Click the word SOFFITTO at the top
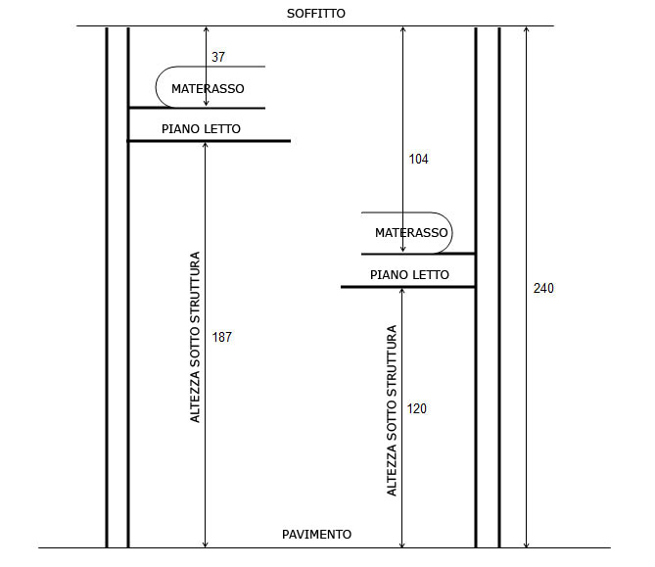[316, 14]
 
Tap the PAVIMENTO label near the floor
[316, 534]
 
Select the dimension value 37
[218, 57]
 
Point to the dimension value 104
[419, 159]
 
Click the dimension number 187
[222, 337]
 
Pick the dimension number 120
[417, 408]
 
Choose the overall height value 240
[543, 288]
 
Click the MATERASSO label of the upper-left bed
[208, 88]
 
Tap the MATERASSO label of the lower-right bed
[411, 232]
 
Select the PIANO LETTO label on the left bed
[201, 128]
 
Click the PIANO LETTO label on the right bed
[409, 274]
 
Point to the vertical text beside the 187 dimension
[195, 337]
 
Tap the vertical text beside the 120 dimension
[392, 410]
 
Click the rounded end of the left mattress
[156, 87]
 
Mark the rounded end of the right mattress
[452, 233]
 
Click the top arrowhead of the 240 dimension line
[527, 29]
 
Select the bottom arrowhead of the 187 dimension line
[205, 544]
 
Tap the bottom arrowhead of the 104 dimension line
[402, 250]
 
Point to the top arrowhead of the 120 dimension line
[401, 291]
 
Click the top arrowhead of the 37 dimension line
[206, 29]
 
